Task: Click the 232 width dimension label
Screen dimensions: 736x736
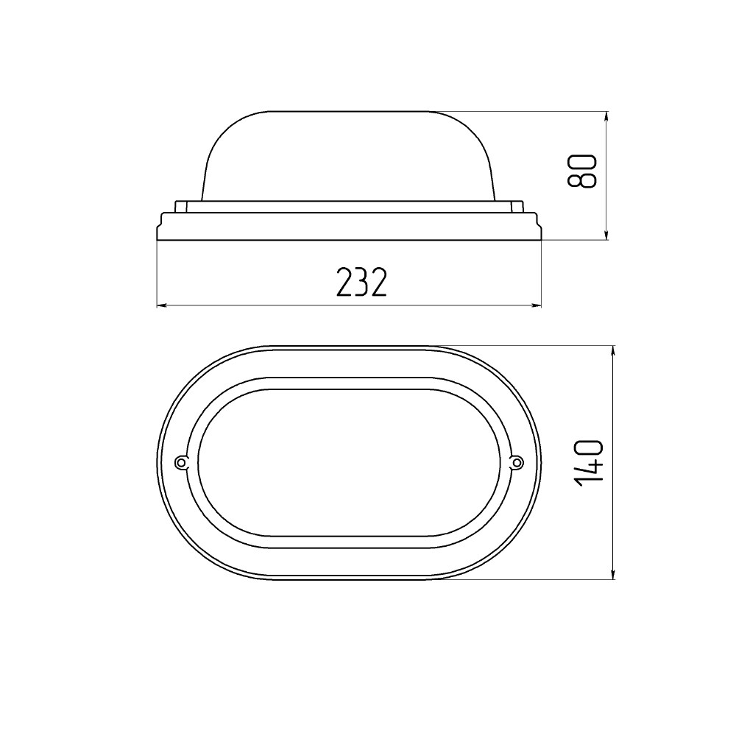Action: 362,283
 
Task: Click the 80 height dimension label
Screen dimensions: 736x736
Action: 582,171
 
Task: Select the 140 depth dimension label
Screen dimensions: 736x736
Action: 587,463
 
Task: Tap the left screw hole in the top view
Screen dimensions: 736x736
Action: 180,463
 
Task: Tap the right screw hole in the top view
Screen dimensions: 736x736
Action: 517,463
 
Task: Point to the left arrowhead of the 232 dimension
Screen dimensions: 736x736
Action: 161,306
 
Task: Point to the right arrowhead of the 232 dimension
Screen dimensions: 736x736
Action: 536,306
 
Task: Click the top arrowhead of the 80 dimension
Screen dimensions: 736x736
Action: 607,116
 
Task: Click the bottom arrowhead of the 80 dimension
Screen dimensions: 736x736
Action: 607,235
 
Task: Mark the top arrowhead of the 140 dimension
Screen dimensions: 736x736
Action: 613,351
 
